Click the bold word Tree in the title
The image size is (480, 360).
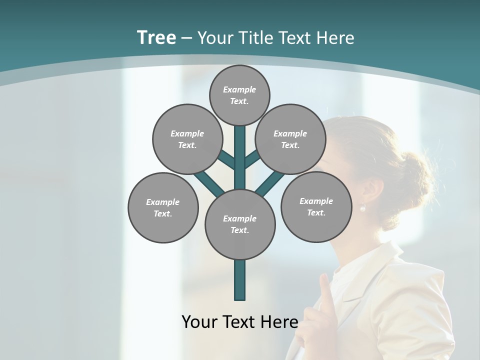click(x=156, y=37)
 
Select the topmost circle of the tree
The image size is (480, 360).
click(x=239, y=95)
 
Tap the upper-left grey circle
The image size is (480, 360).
click(x=187, y=139)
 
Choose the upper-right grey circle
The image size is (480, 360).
click(x=290, y=139)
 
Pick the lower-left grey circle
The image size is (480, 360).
click(x=163, y=207)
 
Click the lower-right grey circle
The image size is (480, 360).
click(x=316, y=206)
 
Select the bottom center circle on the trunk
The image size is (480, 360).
click(x=240, y=224)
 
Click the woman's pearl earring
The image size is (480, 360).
click(x=363, y=208)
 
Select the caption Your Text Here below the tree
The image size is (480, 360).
click(x=239, y=322)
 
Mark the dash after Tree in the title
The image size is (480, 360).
click(x=186, y=38)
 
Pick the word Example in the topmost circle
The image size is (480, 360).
click(x=239, y=89)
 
